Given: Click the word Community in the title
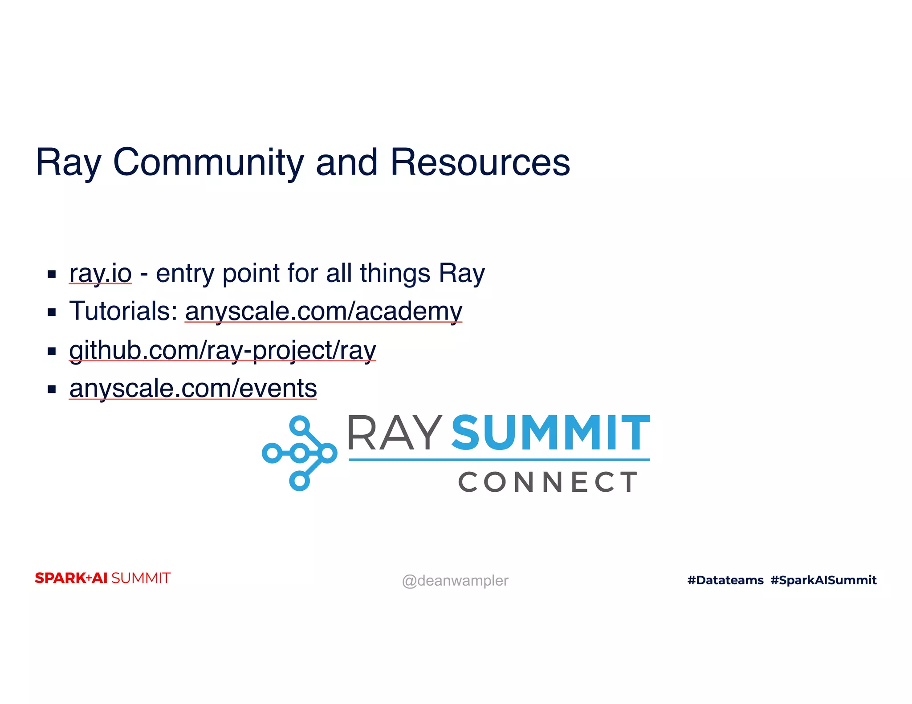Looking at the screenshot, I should coord(208,163).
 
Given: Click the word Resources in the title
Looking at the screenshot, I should coord(480,163).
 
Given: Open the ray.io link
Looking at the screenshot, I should coord(100,273).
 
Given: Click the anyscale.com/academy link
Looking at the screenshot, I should coord(324,311).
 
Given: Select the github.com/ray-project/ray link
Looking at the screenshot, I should coord(223,350).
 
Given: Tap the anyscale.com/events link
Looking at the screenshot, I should coord(193,388).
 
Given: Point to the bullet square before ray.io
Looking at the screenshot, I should coord(52,274).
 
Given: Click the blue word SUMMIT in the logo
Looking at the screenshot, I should coord(551,433).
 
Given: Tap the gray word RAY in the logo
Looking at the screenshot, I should coord(394,433).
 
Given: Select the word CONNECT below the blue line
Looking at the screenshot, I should coord(548,482).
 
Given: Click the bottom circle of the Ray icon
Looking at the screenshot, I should coord(300,481).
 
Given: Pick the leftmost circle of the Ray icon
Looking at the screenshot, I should coord(272,453).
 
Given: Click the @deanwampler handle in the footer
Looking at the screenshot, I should coord(455,581).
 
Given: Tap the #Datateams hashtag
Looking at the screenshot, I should coord(725,580).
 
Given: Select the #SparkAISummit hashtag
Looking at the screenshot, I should coord(823,580).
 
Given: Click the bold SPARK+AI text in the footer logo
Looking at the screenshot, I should coord(71,578).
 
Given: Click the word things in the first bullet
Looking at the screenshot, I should coord(395,273).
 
